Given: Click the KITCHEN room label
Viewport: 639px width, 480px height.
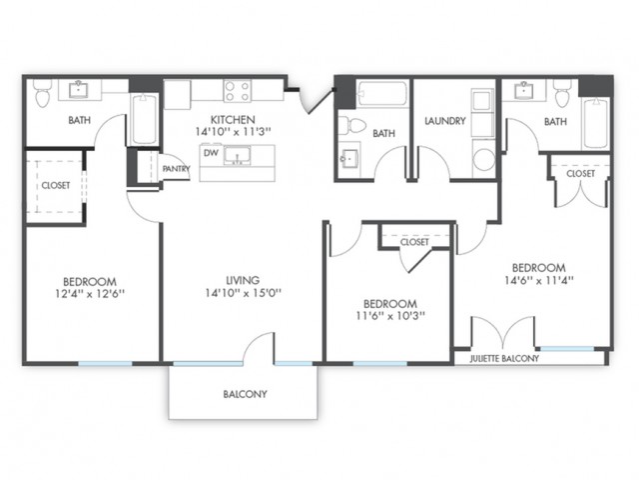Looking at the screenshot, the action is point(233,120).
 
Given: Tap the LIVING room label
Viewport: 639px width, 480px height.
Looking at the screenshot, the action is point(243,280).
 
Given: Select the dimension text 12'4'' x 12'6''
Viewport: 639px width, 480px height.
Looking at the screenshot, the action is point(90,293).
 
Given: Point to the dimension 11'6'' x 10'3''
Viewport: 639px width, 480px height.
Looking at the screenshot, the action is point(390,316).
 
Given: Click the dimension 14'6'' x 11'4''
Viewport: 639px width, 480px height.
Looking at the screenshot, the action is point(539,280).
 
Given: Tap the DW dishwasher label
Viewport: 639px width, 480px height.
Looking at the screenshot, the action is point(211,153).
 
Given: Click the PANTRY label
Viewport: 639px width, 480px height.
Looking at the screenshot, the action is point(176,169).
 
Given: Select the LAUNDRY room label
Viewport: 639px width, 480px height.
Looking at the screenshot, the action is point(445,121).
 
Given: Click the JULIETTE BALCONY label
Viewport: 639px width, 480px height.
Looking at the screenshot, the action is point(504,358).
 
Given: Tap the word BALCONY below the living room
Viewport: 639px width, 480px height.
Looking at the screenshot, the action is point(245,394).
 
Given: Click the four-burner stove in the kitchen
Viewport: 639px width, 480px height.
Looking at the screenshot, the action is point(238,91).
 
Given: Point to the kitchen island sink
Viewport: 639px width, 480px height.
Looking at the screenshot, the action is point(237,156).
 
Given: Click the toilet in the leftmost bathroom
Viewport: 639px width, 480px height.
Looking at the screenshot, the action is point(42,93).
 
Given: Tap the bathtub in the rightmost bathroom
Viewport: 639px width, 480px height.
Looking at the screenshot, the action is point(595,123).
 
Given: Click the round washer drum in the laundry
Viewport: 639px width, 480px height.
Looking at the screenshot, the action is point(483,159).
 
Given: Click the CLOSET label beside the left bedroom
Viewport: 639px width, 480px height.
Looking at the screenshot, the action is point(56,186).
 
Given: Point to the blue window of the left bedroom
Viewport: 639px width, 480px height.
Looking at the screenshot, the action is point(105,363).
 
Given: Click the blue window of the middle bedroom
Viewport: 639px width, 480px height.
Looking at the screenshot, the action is point(379,363).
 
